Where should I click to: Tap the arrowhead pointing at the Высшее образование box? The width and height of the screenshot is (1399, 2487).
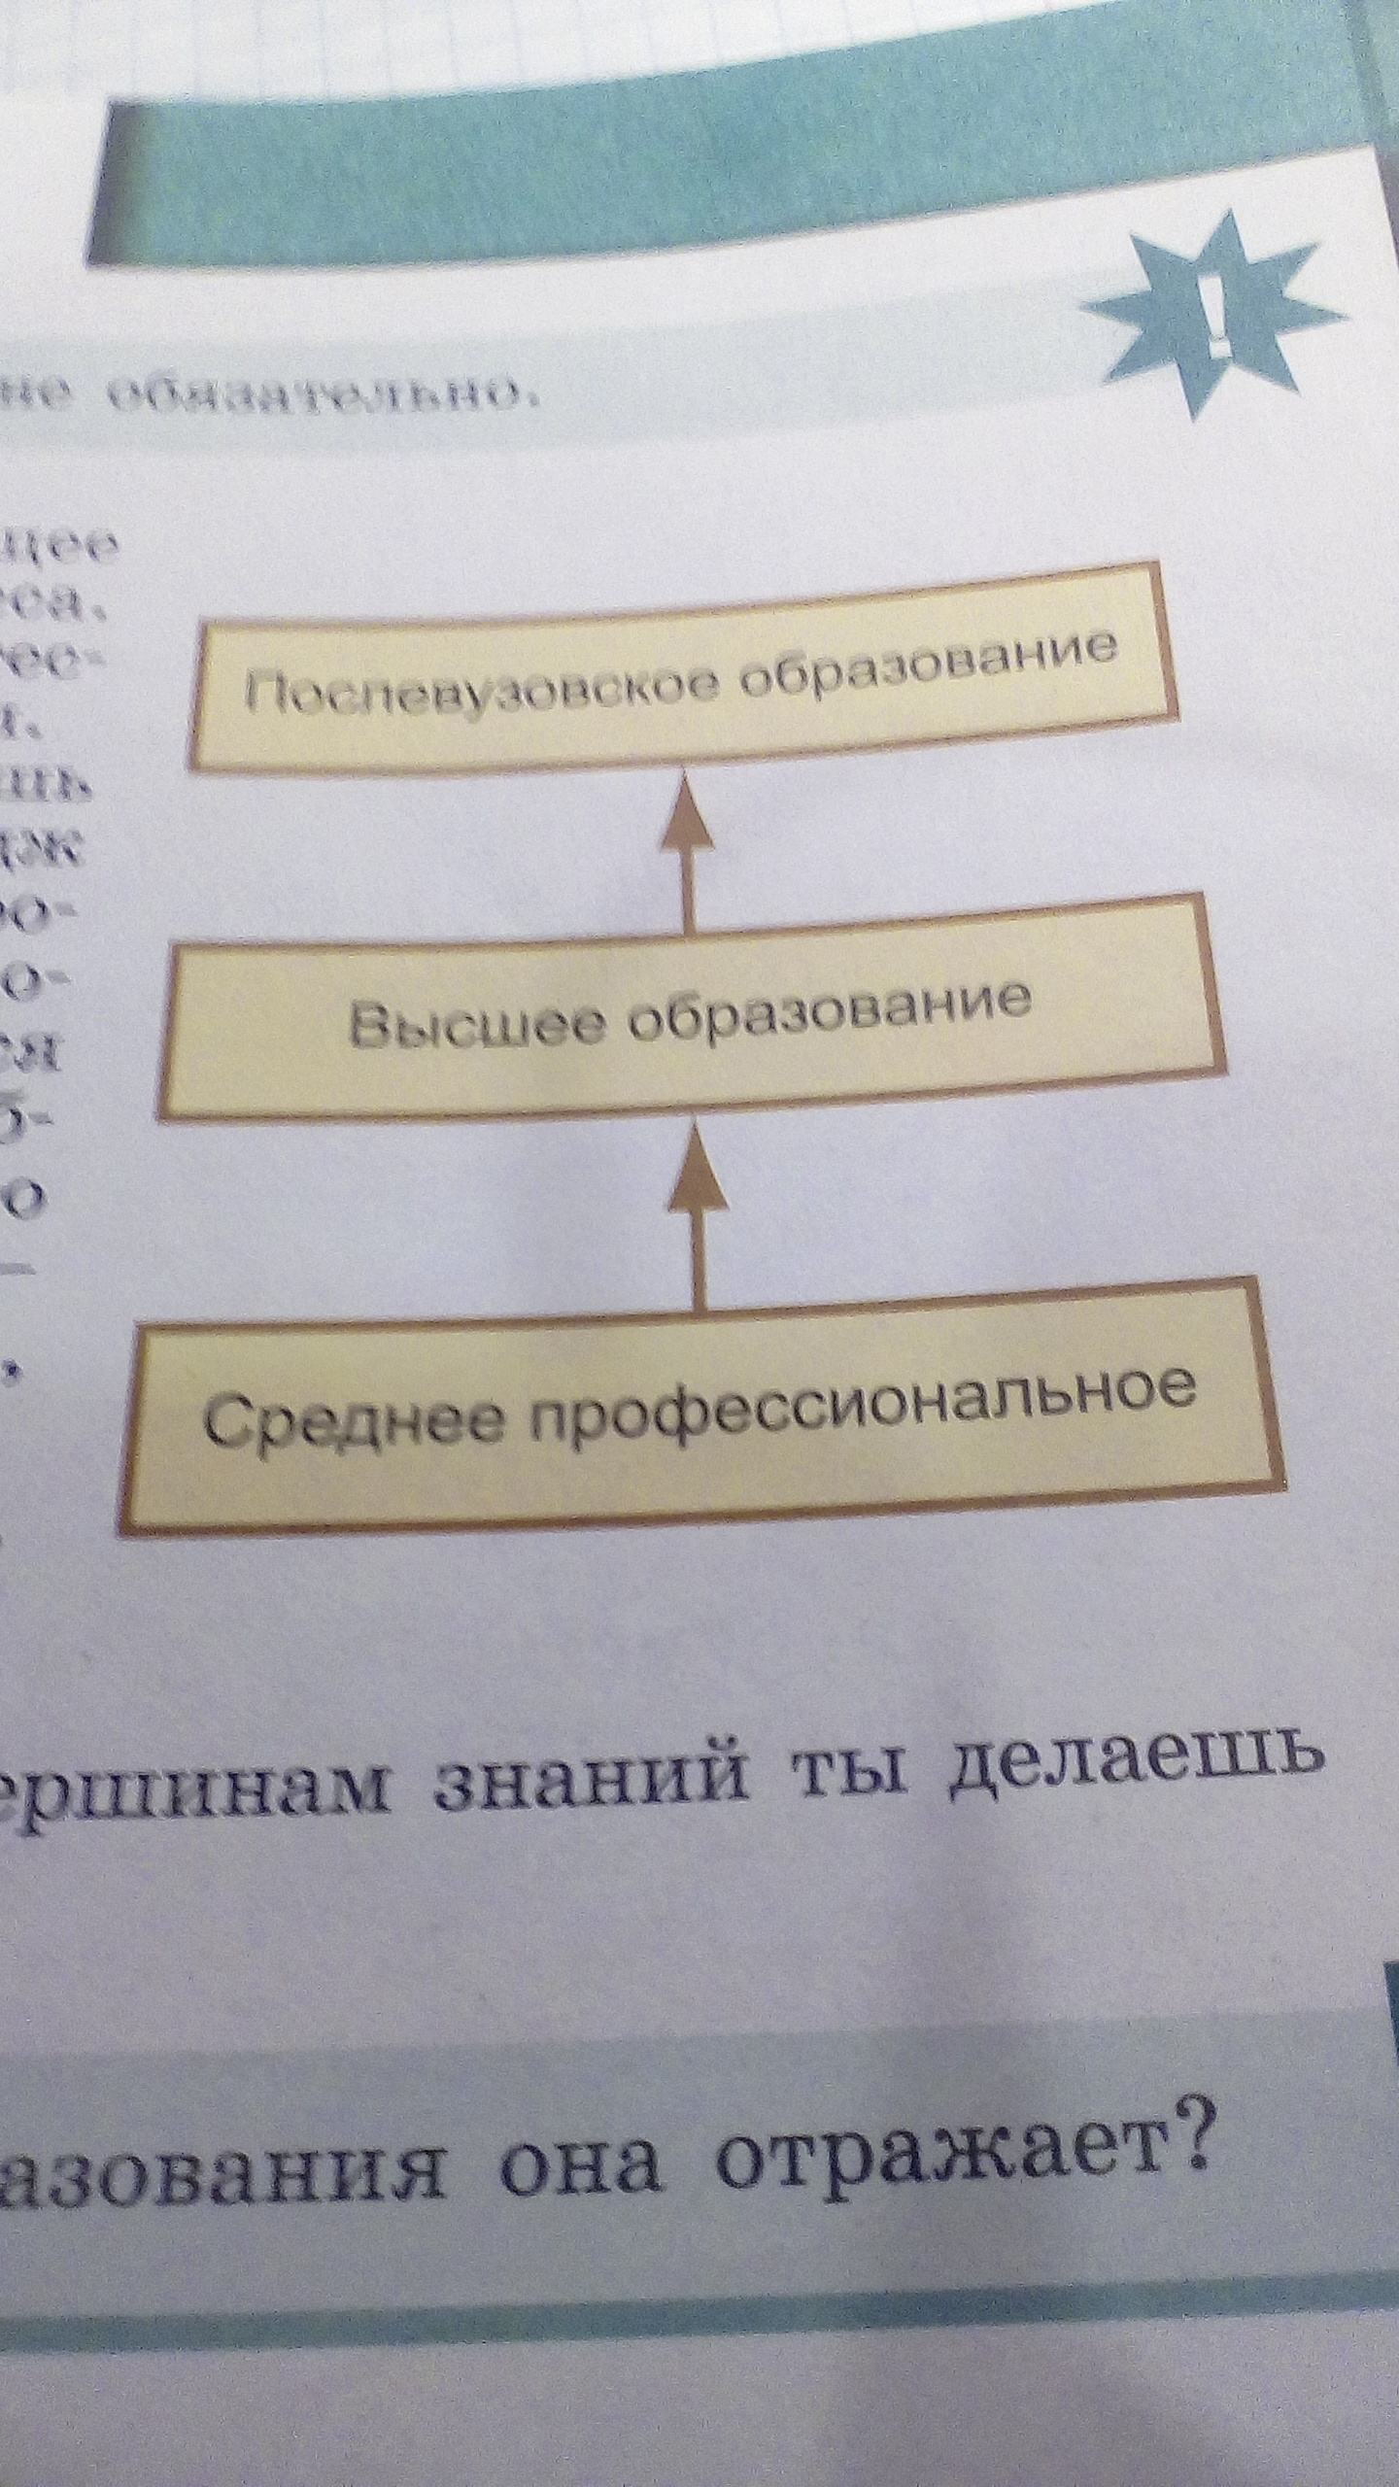tap(698, 1176)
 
